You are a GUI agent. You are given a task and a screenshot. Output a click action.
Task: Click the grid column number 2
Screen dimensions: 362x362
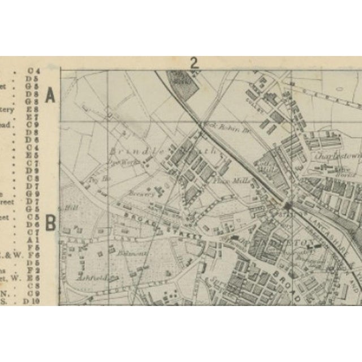pyautogui.click(x=194, y=63)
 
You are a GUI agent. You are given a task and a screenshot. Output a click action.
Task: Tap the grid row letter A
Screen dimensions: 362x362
pyautogui.click(x=50, y=96)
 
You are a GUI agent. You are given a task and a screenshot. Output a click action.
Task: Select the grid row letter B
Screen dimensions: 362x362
pyautogui.click(x=50, y=223)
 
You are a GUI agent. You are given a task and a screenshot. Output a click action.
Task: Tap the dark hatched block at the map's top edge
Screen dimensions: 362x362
pyautogui.click(x=182, y=79)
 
